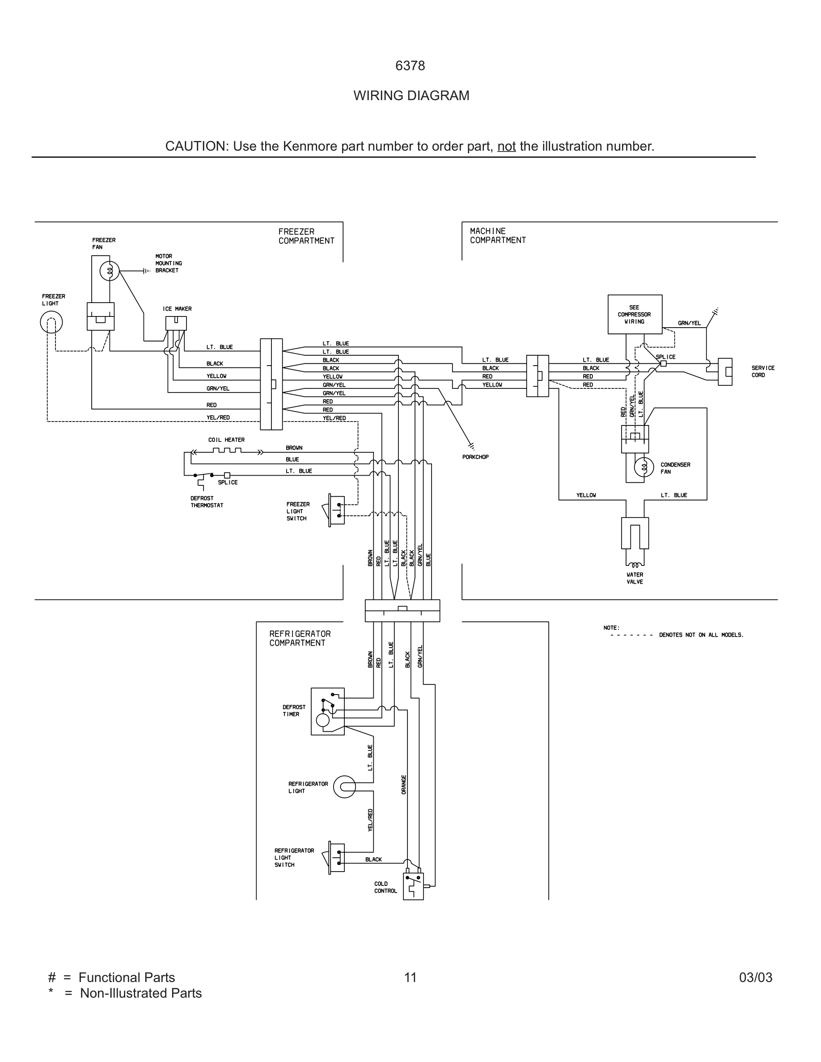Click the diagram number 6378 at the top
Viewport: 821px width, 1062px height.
click(x=410, y=66)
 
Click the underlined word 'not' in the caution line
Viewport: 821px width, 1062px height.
click(x=506, y=146)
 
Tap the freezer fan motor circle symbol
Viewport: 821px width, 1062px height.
click(x=110, y=271)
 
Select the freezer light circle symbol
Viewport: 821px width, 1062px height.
click(x=51, y=322)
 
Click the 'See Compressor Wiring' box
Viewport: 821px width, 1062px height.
click(x=634, y=314)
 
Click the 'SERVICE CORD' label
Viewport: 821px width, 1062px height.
click(x=762, y=371)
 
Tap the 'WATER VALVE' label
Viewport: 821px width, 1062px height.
click(x=635, y=578)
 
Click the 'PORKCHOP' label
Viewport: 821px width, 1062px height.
click(x=475, y=457)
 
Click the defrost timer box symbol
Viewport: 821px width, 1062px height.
click(x=327, y=711)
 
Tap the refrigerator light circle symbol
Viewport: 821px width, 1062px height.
click(x=344, y=787)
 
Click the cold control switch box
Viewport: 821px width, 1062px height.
click(x=413, y=886)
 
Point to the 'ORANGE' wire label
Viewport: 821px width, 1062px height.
click(x=404, y=785)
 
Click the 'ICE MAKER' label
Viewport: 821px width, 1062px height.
click(x=177, y=309)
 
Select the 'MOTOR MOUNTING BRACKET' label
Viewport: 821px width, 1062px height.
click(x=168, y=263)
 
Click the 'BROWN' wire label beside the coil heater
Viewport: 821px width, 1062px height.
click(x=294, y=448)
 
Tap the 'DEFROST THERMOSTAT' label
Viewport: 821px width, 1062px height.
click(x=207, y=502)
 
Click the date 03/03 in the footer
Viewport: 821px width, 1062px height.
click(x=755, y=978)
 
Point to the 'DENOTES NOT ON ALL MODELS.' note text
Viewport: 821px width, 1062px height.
click(x=701, y=635)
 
